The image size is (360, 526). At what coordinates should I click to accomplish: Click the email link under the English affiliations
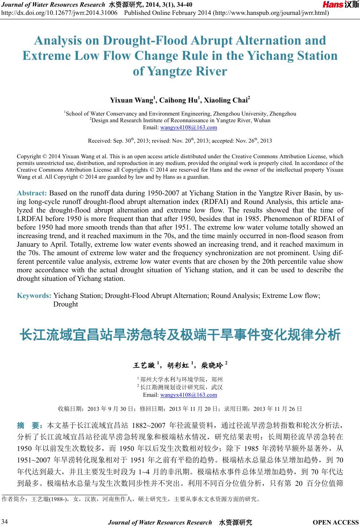click(189, 127)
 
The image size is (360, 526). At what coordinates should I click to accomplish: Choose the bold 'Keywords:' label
click(34, 296)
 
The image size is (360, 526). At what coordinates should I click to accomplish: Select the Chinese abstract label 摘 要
click(30, 425)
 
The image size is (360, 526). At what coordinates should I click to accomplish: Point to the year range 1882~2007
click(148, 425)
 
